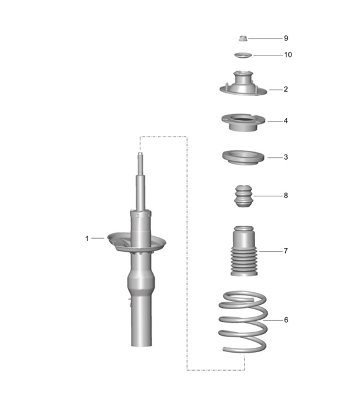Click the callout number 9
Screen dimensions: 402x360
pos(286,39)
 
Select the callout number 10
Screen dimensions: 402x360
pos(288,55)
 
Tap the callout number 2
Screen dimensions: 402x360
pos(286,89)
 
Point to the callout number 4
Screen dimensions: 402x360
pos(286,121)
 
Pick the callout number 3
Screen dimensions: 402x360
pos(286,157)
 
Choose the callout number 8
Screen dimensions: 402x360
pos(286,196)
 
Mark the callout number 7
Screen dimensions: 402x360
pos(286,251)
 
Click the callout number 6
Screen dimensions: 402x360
pos(286,320)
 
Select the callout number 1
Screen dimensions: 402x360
pos(87,238)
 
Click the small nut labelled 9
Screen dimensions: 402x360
pos(243,39)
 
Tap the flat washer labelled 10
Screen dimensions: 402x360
pos(243,55)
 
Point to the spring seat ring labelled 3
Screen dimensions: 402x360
pos(243,158)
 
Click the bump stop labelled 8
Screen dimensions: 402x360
pos(243,197)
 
